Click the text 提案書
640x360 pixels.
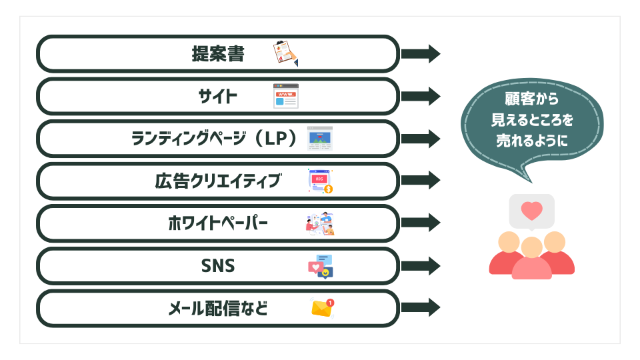click(x=218, y=53)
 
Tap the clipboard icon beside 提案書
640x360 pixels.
click(x=285, y=53)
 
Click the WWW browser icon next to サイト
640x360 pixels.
click(x=286, y=96)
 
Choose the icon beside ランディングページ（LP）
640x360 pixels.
click(x=320, y=138)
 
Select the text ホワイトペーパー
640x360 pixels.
click(x=218, y=223)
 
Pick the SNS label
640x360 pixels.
click(x=218, y=266)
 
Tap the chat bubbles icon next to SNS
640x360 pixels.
click(x=320, y=266)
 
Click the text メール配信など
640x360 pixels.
click(x=218, y=309)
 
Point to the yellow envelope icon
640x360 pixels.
click(x=322, y=308)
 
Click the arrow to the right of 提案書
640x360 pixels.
click(x=421, y=53)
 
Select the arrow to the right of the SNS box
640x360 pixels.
click(x=421, y=266)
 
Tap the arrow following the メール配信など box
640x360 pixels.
click(x=421, y=308)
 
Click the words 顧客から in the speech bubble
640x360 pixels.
click(x=531, y=99)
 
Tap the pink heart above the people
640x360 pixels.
click(x=531, y=211)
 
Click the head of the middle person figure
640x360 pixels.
click(x=531, y=247)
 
